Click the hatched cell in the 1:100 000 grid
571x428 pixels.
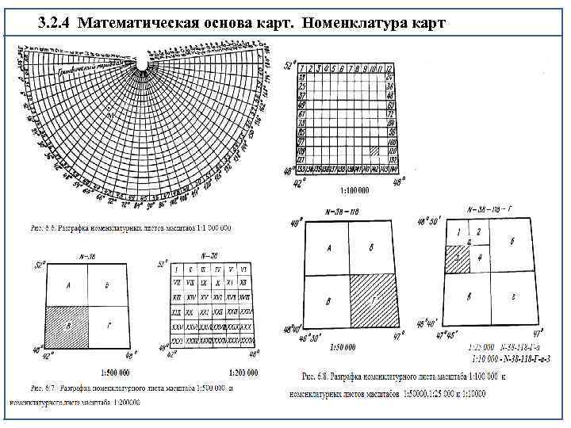(386, 148)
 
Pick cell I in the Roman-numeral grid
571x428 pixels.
(178, 271)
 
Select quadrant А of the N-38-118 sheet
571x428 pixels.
(328, 248)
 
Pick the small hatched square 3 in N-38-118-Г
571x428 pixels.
(456, 259)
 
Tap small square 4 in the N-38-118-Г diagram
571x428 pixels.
(478, 259)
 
